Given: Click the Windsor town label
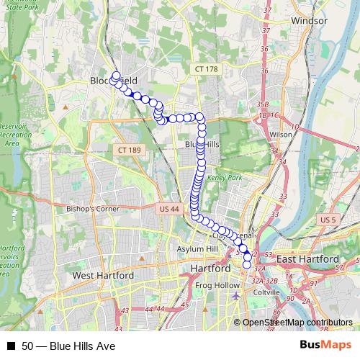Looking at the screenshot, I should (x=310, y=21).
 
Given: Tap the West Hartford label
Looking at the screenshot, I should (x=103, y=276).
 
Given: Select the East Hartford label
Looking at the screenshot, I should (x=307, y=259).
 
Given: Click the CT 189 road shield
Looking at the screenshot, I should (x=124, y=149).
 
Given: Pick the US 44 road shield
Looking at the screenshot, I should (x=166, y=209).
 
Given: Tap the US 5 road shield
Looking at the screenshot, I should (x=328, y=219).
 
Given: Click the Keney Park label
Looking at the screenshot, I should (x=221, y=176).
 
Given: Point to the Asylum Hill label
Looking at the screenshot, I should (x=197, y=249).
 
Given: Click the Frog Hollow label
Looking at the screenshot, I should (x=217, y=286).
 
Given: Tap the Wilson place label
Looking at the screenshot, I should (x=281, y=135).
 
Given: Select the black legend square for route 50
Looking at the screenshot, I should (x=11, y=346).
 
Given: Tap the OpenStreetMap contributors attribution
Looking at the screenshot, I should (x=297, y=323).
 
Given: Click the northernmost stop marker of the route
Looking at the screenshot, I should (x=116, y=75).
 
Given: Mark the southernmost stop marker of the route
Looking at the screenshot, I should (x=247, y=265).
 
